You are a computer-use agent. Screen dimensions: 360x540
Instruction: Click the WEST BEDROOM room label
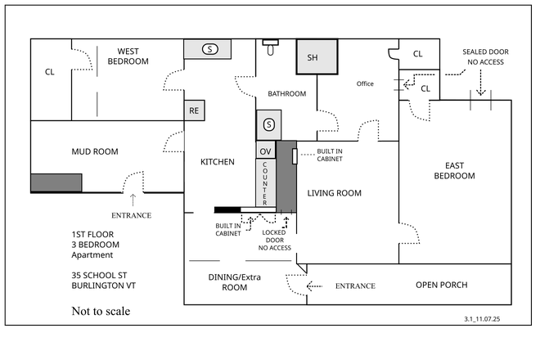(x=128, y=56)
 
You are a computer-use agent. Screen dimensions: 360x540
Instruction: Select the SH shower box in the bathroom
(x=312, y=57)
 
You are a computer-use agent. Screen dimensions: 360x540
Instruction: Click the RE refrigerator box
(x=194, y=110)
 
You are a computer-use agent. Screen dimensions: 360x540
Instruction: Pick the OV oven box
(x=266, y=151)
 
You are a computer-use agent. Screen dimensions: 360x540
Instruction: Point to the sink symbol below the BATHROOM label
(x=269, y=125)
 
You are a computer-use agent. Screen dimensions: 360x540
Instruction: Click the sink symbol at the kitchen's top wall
(x=210, y=49)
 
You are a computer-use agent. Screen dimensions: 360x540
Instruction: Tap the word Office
(x=365, y=83)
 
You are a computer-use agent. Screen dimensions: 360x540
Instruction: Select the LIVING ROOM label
(x=334, y=193)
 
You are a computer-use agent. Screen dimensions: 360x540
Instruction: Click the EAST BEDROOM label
(x=454, y=170)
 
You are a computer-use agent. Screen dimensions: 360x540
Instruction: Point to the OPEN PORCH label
(x=441, y=285)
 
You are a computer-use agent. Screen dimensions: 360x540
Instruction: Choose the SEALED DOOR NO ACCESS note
(x=485, y=56)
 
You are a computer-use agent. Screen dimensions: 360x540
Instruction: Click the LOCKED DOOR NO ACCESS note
(x=274, y=240)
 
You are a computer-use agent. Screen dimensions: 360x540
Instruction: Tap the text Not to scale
(x=101, y=311)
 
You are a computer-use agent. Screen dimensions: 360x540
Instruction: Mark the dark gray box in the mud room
(x=56, y=183)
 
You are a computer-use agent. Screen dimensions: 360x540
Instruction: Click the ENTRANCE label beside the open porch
(x=355, y=286)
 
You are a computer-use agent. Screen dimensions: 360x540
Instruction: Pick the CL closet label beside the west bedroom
(x=49, y=72)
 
